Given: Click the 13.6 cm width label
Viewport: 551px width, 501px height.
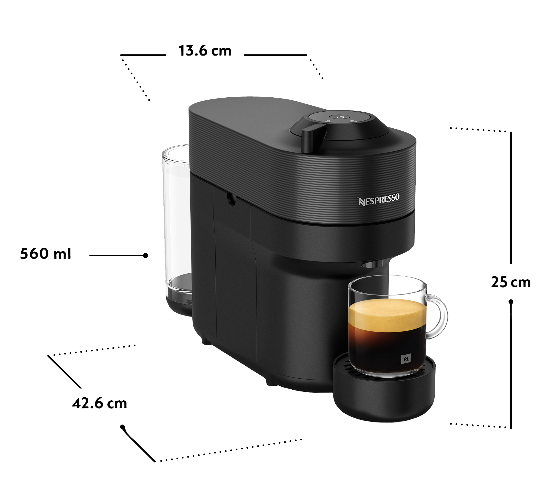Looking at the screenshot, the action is click(x=205, y=51).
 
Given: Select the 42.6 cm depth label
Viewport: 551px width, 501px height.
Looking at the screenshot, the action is click(x=100, y=403).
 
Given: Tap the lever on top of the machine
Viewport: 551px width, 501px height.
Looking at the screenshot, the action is click(x=313, y=138).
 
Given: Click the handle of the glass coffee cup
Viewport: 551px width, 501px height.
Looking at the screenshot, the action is click(x=437, y=317).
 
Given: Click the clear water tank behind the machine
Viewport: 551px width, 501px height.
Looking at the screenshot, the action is click(x=177, y=218).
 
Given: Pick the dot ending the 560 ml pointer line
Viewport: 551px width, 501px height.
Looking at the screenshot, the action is click(x=146, y=255).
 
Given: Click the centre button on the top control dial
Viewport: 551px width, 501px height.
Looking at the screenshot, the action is click(x=340, y=117).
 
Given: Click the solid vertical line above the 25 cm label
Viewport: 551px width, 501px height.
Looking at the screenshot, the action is click(x=511, y=198).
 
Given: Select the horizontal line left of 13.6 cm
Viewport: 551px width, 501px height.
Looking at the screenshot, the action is click(x=143, y=55).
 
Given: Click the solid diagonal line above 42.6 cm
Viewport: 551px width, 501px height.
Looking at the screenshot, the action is click(x=65, y=371).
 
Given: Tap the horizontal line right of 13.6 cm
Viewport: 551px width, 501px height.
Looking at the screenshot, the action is click(x=275, y=55).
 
